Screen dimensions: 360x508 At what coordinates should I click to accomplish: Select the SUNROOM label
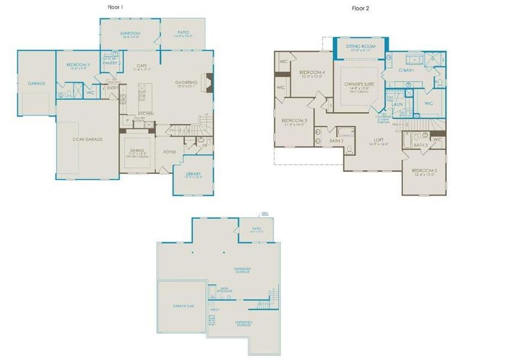[x=130, y=32]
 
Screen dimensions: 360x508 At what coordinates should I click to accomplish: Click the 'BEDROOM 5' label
[x=77, y=64]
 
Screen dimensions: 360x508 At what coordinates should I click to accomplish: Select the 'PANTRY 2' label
[x=112, y=62]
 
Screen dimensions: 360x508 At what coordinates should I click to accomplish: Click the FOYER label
[x=170, y=152]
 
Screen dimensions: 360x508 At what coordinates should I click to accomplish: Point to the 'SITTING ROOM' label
[x=360, y=46]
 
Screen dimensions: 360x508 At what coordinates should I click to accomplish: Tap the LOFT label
[x=374, y=139]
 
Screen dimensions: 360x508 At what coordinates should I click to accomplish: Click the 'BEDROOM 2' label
[x=423, y=171]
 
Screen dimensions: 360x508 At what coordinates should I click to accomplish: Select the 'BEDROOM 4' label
[x=311, y=73]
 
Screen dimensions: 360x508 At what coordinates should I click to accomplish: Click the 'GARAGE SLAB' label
[x=183, y=306]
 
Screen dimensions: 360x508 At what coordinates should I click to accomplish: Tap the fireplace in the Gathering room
[x=208, y=81]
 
